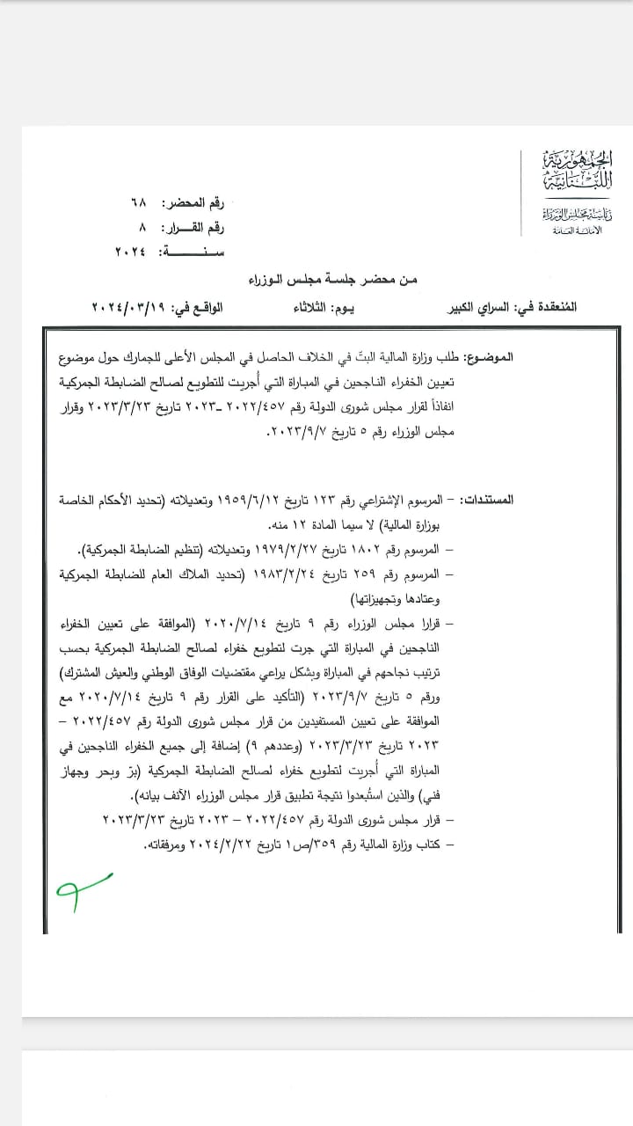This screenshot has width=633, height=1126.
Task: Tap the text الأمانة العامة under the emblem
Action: (x=576, y=230)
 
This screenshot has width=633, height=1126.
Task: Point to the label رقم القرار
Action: (x=194, y=228)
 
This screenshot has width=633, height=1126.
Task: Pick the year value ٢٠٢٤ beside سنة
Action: (x=131, y=252)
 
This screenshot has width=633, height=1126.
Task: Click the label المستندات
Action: (x=545, y=500)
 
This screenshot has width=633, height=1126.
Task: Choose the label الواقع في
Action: (x=203, y=308)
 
